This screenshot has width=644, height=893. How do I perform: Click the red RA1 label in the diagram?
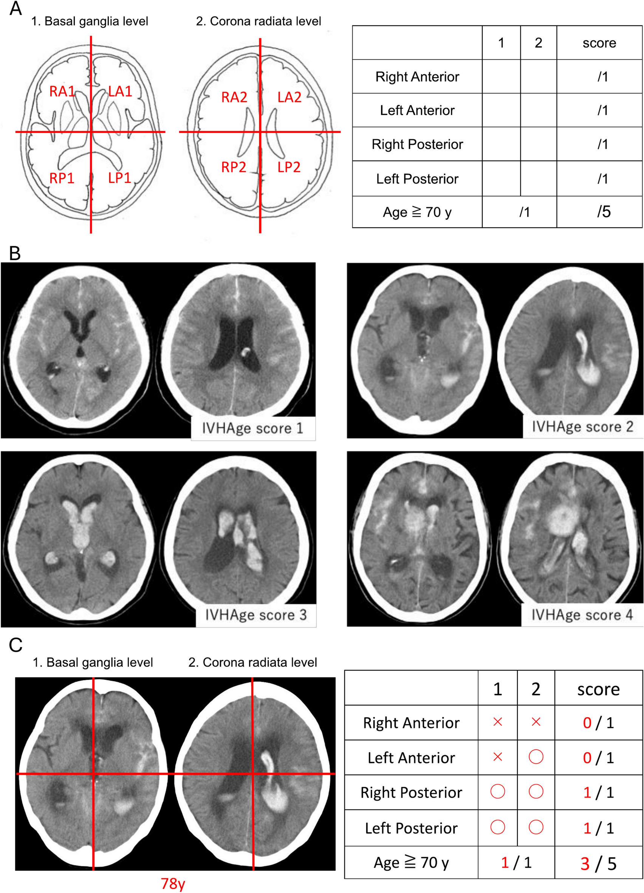click(x=62, y=91)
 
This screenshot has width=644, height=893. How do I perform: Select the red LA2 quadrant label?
click(x=289, y=97)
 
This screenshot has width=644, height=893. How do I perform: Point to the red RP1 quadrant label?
click(x=62, y=178)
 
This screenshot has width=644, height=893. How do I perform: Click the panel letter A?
click(x=15, y=9)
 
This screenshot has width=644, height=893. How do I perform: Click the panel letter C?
click(x=15, y=645)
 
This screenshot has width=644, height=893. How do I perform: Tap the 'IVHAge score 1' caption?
click(x=252, y=428)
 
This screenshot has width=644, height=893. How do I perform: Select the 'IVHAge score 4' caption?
click(x=582, y=615)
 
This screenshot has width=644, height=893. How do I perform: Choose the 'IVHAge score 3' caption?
click(x=256, y=615)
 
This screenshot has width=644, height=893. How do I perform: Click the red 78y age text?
click(x=173, y=884)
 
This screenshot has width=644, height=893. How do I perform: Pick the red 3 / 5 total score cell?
click(x=598, y=864)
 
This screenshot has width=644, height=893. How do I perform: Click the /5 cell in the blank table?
click(x=604, y=212)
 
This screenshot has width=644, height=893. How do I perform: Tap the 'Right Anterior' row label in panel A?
click(x=417, y=77)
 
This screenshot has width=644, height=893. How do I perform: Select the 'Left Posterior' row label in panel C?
click(x=411, y=828)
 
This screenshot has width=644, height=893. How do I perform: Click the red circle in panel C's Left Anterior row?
click(x=536, y=757)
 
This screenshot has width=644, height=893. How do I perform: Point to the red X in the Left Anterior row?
click(x=498, y=757)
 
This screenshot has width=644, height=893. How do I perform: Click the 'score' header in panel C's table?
click(x=598, y=690)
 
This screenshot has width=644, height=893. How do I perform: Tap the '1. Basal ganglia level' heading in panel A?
click(x=90, y=21)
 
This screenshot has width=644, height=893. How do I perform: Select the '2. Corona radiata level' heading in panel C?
click(x=252, y=663)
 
